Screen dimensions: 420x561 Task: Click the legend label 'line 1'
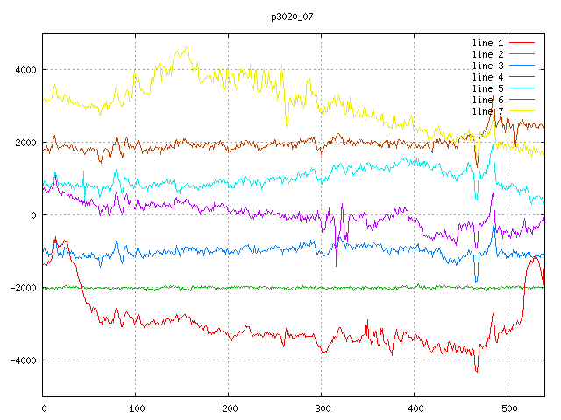coord(487,43)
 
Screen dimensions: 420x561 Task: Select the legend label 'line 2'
coord(487,54)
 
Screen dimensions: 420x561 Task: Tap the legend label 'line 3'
coord(487,66)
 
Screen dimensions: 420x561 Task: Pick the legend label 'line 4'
coord(487,77)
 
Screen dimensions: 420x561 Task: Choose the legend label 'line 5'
coord(487,88)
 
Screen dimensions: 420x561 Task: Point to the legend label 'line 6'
coord(487,100)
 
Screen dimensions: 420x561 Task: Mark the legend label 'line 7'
coord(487,111)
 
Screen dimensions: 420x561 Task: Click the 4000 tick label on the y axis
coord(24,70)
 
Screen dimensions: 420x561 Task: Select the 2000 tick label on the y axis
coord(24,143)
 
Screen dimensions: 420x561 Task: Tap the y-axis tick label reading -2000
coord(21,288)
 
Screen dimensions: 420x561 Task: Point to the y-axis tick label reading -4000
coord(21,360)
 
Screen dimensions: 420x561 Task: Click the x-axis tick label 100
coord(136,407)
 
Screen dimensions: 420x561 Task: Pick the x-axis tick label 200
coord(229,407)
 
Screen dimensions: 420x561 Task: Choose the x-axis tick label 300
coord(321,407)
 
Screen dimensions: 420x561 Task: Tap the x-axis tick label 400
coord(414,407)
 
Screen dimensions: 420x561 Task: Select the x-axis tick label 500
coord(506,407)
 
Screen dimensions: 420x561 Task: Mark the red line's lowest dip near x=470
coord(477,371)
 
